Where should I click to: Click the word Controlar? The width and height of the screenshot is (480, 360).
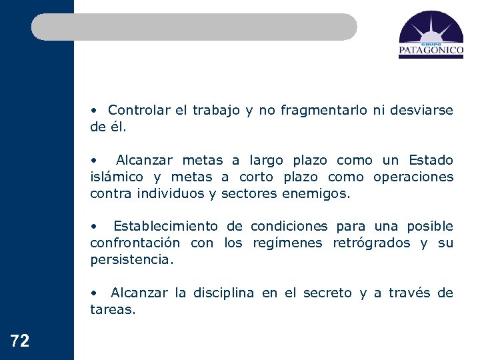139,110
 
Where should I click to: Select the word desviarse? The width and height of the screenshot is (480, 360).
420,110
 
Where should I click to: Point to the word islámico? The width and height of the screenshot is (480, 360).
117,177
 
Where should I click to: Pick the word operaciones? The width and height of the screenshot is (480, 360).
413,177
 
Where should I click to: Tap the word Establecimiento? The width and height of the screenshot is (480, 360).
165,227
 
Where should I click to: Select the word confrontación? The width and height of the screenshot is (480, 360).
135,243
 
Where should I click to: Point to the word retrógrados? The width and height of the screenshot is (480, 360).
372,243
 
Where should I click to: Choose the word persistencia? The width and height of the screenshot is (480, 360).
131,260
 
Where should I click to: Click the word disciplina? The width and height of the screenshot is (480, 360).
223,293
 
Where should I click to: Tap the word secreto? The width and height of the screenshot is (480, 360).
327,293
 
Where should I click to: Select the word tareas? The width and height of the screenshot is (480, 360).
113,309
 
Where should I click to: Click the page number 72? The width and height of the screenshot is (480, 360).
20,341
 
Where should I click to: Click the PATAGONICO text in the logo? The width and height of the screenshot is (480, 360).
431,49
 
